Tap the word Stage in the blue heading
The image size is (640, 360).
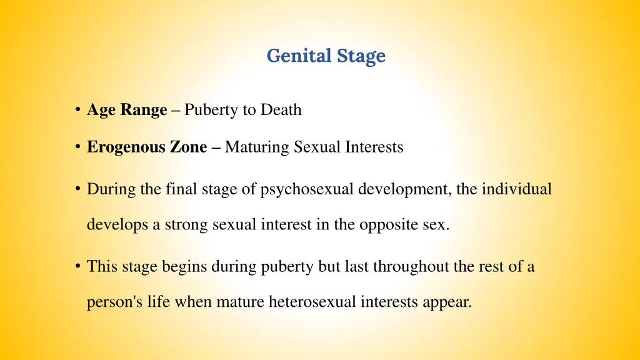pos(361,56)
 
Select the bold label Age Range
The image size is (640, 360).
pos(127,110)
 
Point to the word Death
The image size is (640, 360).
pos(281,110)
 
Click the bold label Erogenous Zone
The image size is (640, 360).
pos(147,147)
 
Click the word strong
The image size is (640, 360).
pos(187,225)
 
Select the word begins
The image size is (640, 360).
pos(184,267)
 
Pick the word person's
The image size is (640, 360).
pos(110,302)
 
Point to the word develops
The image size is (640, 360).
pos(117,225)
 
